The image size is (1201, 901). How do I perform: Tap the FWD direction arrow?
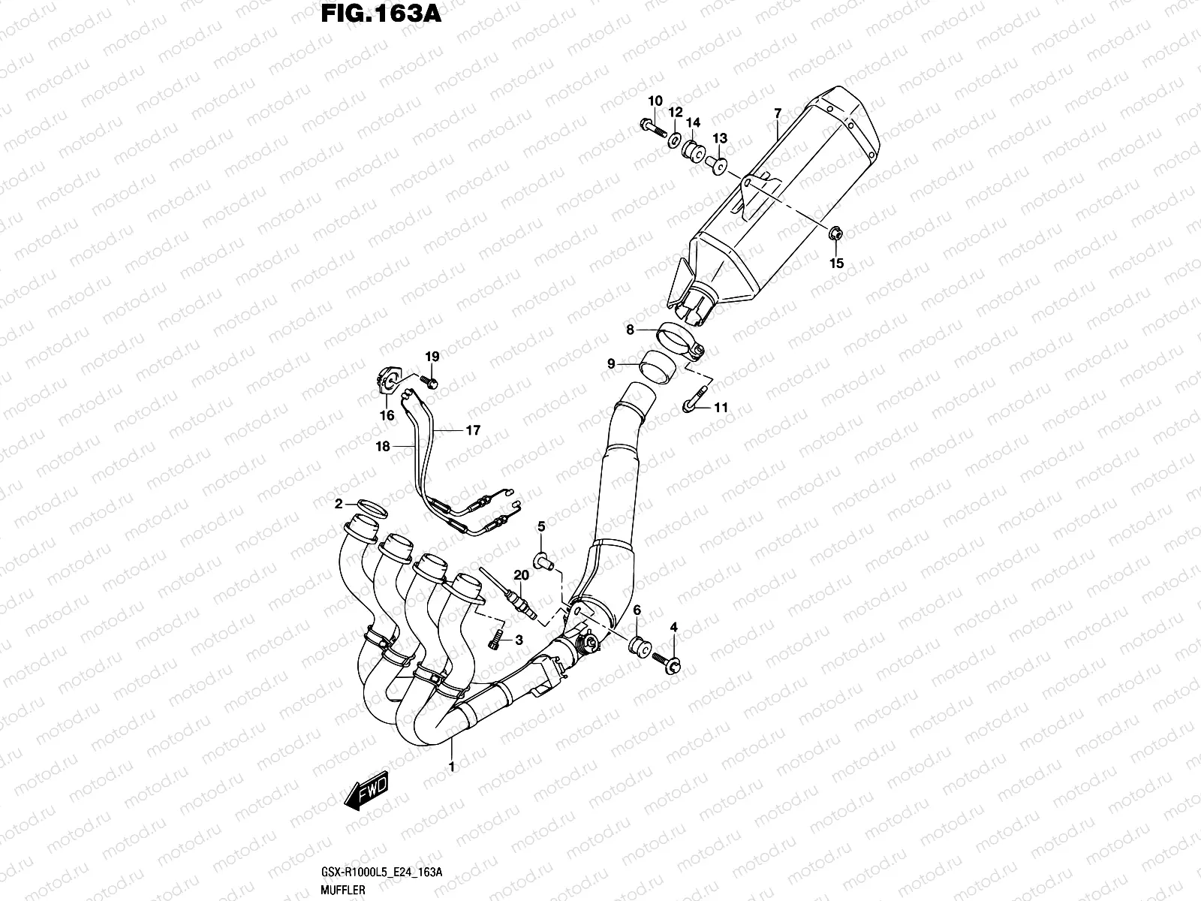pos(366,790)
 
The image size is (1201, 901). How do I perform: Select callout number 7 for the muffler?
pos(778,113)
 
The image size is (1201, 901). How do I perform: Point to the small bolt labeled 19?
pos(431,383)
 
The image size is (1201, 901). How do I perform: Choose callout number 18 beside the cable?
pos(383,446)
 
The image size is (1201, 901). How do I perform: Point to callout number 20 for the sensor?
pos(519,575)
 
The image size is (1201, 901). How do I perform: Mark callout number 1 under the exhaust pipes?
pos(451,767)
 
